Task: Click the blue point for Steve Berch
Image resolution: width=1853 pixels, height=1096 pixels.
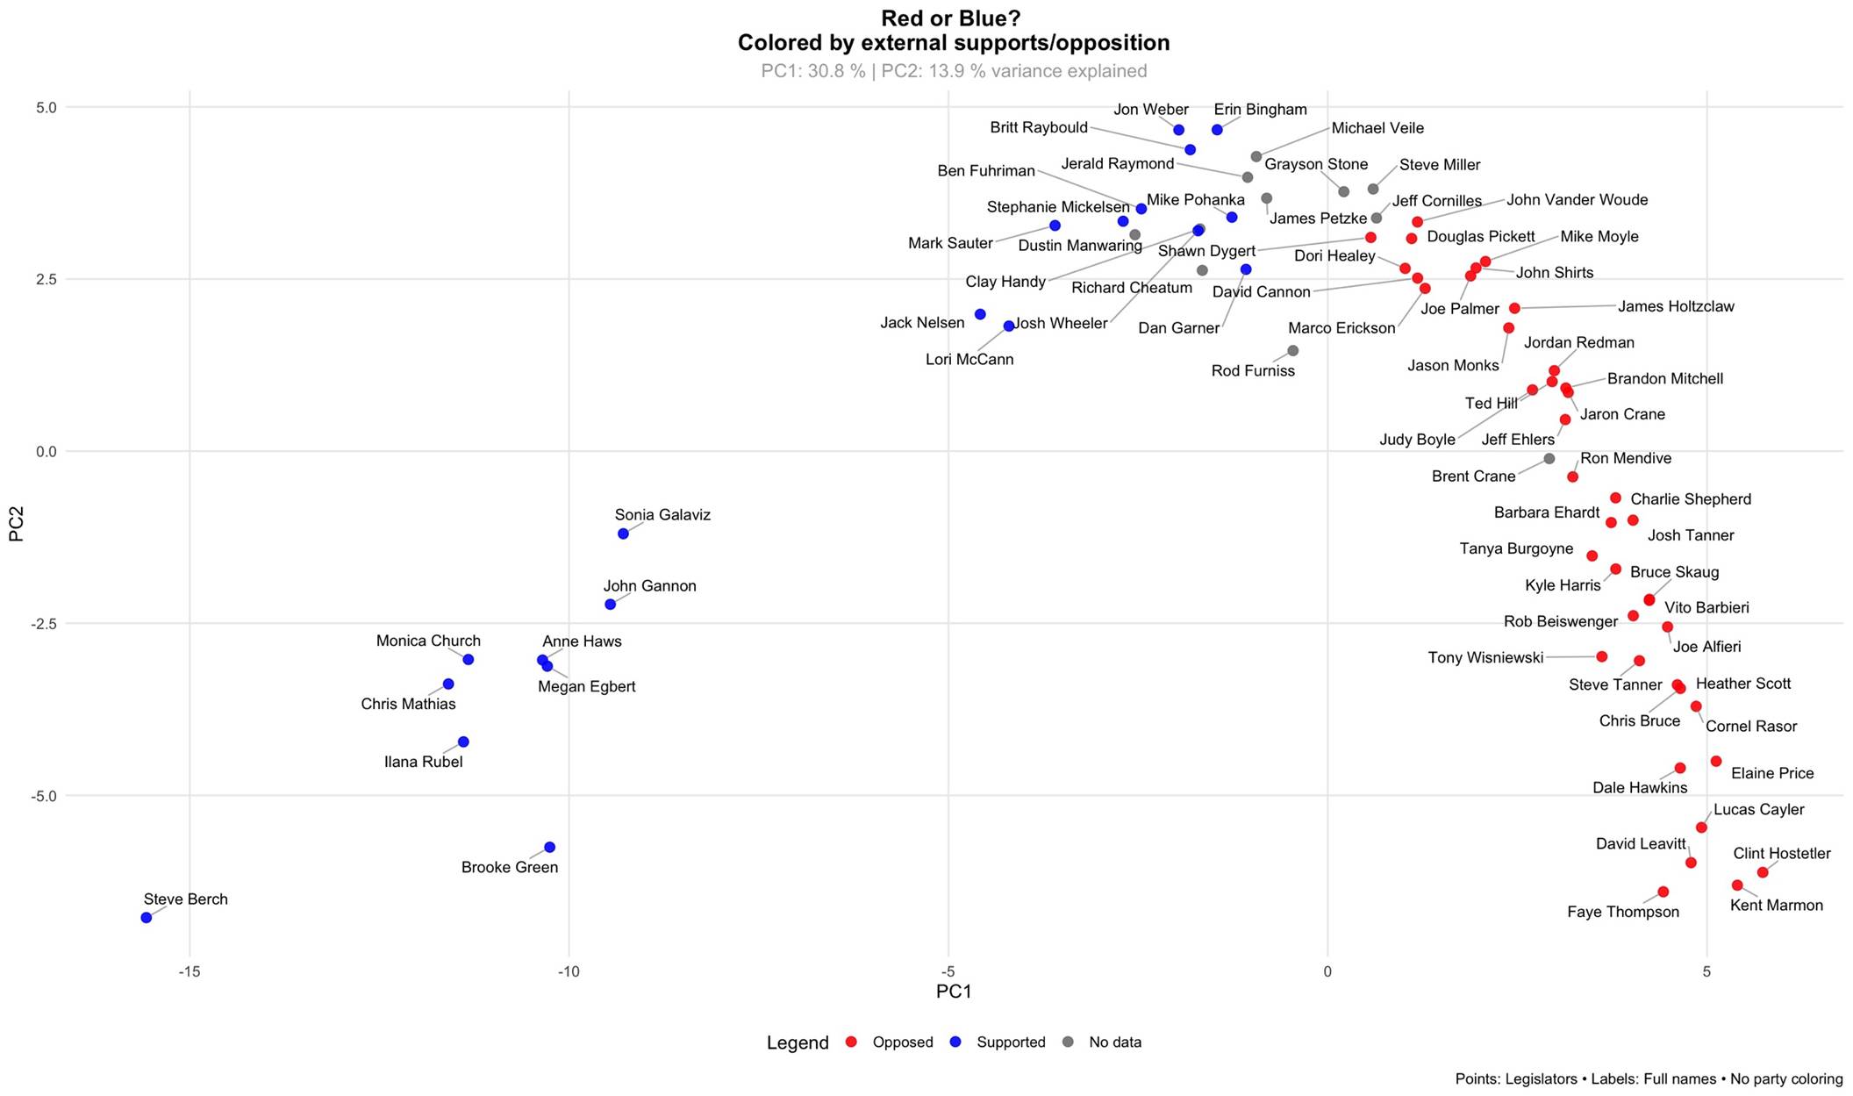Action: click(147, 918)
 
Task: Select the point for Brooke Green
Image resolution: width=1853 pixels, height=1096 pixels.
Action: click(549, 848)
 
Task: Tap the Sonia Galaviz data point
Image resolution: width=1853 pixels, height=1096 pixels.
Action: click(623, 534)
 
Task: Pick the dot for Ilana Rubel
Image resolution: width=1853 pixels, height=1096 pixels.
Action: click(463, 742)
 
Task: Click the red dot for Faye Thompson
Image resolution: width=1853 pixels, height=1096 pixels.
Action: click(1663, 892)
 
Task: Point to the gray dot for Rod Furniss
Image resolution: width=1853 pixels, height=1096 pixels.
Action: click(1292, 351)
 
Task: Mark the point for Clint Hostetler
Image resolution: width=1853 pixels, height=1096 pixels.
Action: click(1763, 872)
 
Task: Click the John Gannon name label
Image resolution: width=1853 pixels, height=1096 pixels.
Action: click(649, 586)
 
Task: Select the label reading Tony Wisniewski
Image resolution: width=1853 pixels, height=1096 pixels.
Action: click(1485, 657)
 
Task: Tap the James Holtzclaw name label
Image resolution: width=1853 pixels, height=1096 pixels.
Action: click(1676, 306)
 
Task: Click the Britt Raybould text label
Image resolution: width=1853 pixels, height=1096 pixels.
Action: click(1039, 127)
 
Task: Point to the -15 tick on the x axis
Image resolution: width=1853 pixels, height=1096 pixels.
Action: click(190, 971)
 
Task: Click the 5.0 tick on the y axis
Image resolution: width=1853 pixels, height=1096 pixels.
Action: click(47, 107)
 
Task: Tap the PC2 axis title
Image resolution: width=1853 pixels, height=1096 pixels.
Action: click(17, 527)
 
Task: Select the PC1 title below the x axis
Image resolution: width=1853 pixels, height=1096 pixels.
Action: click(954, 992)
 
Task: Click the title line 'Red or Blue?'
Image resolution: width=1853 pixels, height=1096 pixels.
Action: click(953, 18)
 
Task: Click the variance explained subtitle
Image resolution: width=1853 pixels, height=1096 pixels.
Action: click(954, 71)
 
